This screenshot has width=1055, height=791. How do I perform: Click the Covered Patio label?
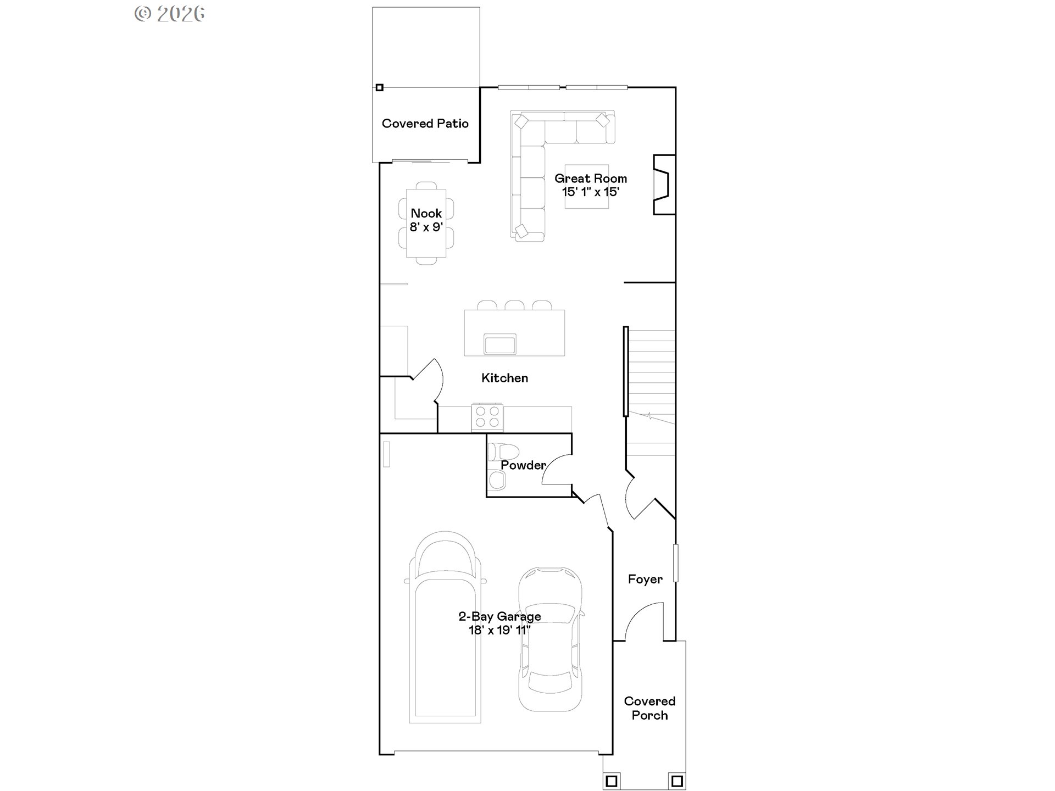click(x=425, y=124)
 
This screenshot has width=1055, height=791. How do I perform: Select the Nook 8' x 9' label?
click(x=426, y=220)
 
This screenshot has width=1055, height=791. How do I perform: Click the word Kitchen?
click(x=504, y=378)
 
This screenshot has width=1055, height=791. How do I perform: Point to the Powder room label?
click(x=523, y=465)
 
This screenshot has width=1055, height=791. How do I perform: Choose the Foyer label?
click(x=645, y=579)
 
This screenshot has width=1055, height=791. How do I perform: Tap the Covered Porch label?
click(x=649, y=708)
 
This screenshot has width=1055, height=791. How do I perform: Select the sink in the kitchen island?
click(x=500, y=344)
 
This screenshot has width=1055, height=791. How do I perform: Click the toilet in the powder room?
click(x=503, y=452)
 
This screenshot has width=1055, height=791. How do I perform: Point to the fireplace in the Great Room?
click(x=664, y=185)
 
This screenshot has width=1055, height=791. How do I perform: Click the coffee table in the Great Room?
click(x=587, y=187)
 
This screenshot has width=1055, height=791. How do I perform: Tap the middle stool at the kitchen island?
click(x=514, y=305)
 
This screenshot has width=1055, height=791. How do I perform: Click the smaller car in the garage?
click(x=550, y=638)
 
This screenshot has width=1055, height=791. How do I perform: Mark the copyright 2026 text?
click(x=170, y=14)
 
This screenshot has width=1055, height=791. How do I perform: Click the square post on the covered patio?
click(x=379, y=87)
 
